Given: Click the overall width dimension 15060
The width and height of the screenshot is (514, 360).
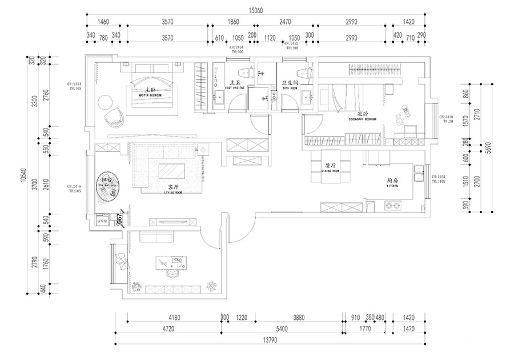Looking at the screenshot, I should [x=258, y=10].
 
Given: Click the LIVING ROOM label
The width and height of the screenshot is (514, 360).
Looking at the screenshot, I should [x=173, y=190].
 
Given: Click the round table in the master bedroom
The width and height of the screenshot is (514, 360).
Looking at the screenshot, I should [x=105, y=102].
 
